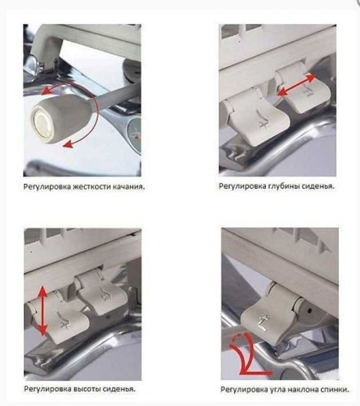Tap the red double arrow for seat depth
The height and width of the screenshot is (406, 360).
(x=296, y=84)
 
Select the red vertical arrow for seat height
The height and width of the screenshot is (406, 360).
(x=42, y=310)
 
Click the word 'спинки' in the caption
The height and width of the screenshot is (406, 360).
(x=336, y=389)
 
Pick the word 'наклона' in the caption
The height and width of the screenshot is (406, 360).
(x=305, y=389)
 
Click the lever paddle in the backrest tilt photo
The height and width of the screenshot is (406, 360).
(x=265, y=319)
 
